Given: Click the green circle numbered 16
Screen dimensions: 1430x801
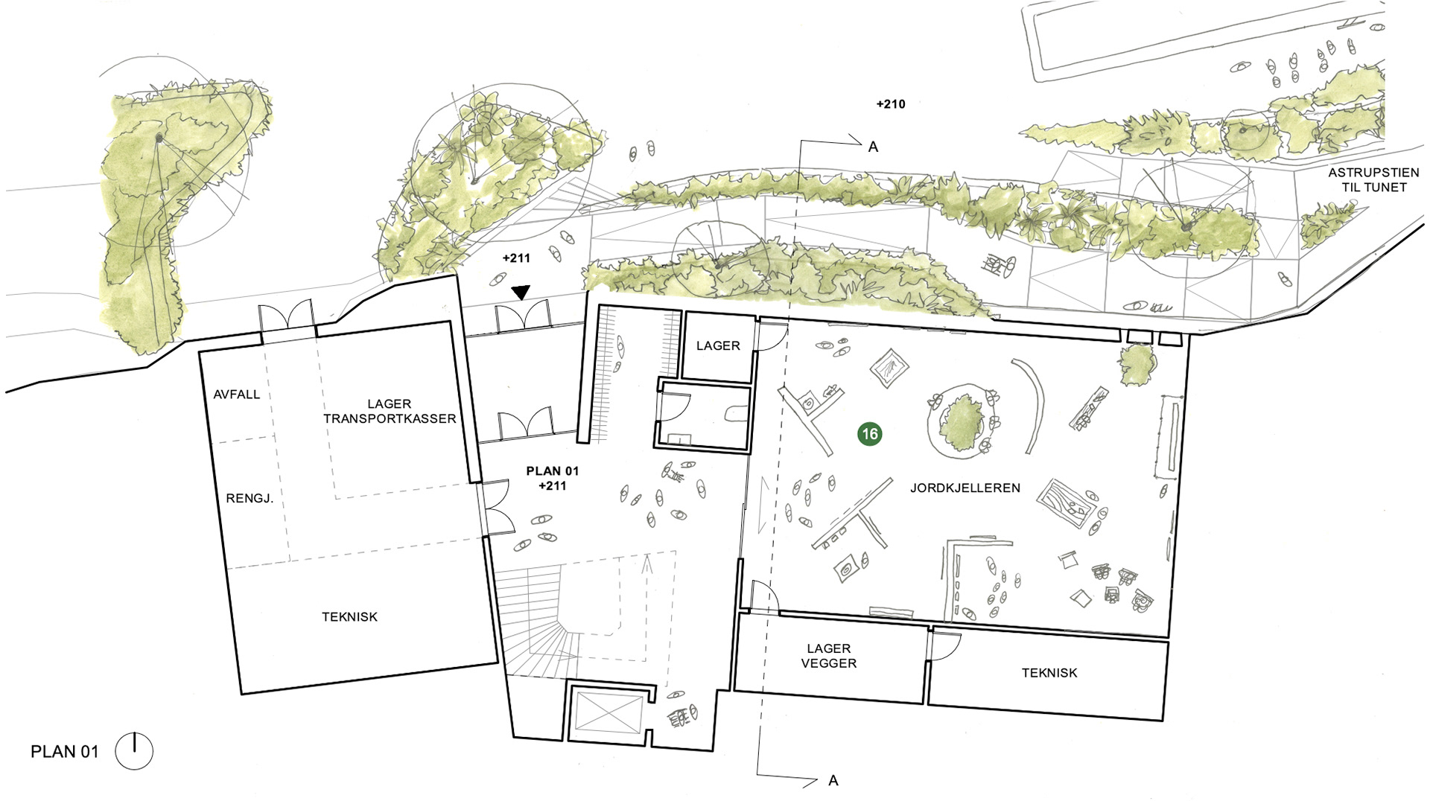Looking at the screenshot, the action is [x=869, y=434].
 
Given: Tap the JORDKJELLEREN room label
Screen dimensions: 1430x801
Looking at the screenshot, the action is [x=965, y=488].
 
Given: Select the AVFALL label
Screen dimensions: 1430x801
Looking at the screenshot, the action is [x=237, y=395].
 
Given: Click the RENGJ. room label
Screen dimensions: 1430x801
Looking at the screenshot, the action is [x=250, y=499].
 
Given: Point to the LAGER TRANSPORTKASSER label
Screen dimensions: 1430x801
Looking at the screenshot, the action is [x=390, y=412].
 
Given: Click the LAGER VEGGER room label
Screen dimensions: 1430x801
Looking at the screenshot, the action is [x=829, y=656].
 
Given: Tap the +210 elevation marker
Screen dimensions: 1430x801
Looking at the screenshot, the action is [x=891, y=104].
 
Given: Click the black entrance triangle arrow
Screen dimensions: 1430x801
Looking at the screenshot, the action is [x=521, y=293].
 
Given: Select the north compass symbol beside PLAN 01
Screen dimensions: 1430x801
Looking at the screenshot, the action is [x=134, y=751].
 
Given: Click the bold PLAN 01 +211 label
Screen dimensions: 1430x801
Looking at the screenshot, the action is [x=552, y=479].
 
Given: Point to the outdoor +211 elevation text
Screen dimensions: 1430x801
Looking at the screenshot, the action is [x=516, y=258].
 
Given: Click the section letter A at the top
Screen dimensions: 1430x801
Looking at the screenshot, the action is [x=874, y=147].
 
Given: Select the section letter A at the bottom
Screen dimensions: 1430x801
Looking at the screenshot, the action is [x=833, y=781].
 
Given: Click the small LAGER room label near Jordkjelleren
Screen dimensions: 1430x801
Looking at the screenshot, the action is [x=718, y=346].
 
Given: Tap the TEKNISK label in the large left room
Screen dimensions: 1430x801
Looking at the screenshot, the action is [x=349, y=617].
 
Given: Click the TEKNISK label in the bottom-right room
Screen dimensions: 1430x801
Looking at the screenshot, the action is [x=1049, y=673].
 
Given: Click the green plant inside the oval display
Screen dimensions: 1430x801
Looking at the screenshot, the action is [x=961, y=423].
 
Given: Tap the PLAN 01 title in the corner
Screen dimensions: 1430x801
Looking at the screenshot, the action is [x=64, y=752].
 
